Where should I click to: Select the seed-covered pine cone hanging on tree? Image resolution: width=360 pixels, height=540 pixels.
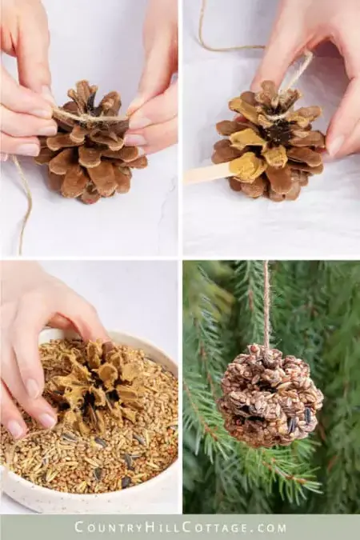coord(270,395)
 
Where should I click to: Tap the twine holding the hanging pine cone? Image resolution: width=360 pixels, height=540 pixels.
coord(266,304)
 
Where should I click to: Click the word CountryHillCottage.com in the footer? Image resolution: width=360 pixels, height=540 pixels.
coord(180,527)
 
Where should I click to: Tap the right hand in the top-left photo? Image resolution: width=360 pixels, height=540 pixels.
coord(156,104)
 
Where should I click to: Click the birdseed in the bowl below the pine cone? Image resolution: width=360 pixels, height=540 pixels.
coord(88,460)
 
